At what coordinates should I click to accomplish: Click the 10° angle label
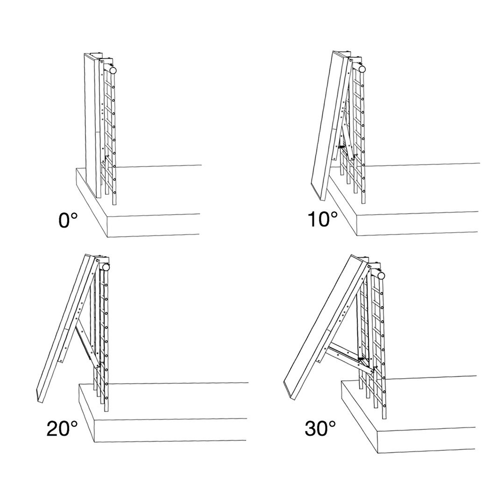pyautogui.click(x=323, y=219)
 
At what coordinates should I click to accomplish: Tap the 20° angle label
pyautogui.click(x=62, y=428)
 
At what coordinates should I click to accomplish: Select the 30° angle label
pyautogui.click(x=320, y=428)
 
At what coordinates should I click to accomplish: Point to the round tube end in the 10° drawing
pyautogui.click(x=362, y=69)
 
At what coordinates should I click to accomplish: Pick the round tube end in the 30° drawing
pyautogui.click(x=381, y=275)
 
